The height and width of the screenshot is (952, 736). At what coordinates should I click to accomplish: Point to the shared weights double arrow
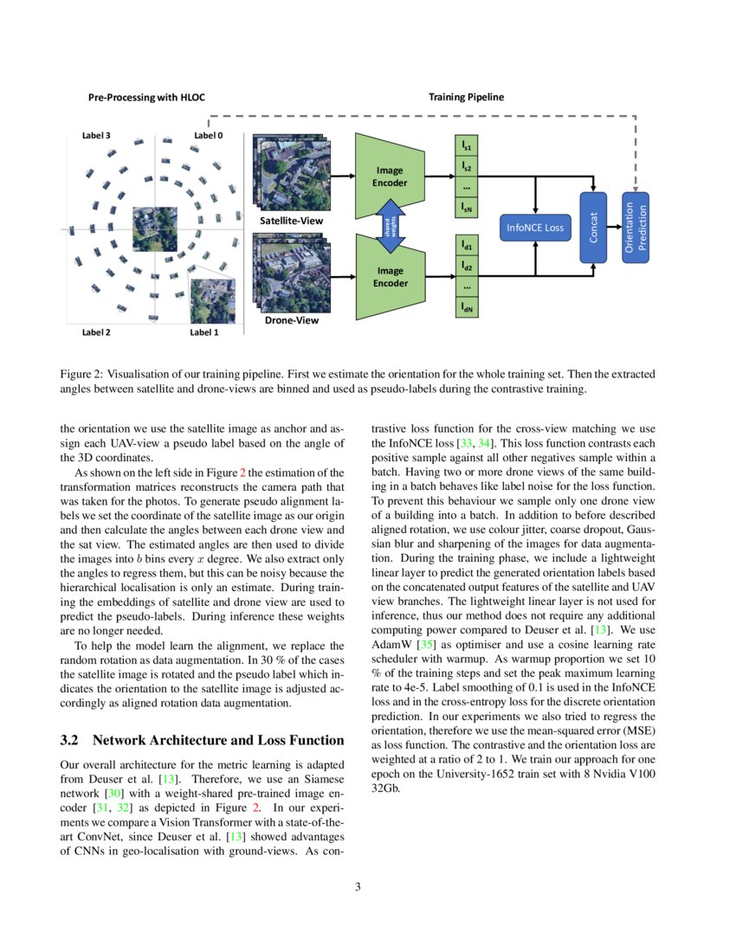390,227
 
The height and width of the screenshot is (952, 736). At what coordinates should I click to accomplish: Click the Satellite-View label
292,221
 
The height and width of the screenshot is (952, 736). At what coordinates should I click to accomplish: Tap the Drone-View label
291,320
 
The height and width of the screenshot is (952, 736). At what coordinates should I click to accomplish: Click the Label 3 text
95,136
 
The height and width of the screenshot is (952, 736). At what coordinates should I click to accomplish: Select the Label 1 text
204,332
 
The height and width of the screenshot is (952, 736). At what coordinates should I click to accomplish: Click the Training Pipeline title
466,97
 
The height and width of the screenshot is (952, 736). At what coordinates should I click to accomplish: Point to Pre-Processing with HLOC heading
147,97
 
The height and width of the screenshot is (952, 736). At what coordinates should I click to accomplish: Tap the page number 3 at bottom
357,886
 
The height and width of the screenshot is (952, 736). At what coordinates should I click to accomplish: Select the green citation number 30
111,793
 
